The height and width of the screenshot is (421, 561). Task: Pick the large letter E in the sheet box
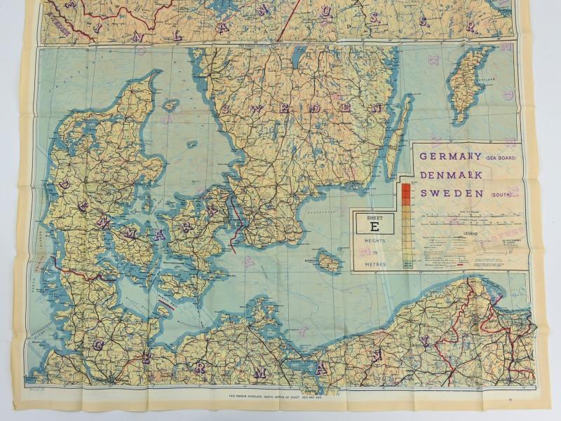[373, 226]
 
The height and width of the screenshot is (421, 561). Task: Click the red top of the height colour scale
[406, 189]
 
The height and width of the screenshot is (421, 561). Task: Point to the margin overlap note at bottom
[280, 396]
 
